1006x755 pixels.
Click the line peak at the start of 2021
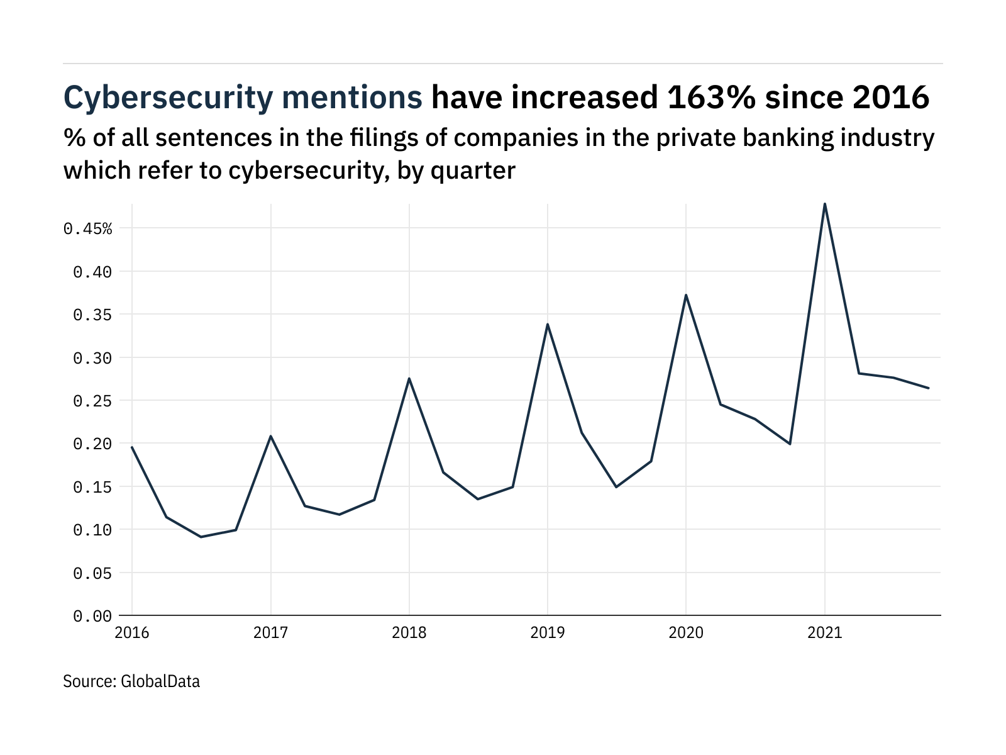point(824,204)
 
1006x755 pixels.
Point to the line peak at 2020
point(686,295)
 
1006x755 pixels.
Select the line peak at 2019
point(548,324)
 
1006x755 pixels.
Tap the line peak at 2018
point(409,378)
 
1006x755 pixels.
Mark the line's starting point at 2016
point(132,447)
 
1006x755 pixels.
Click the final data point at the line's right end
point(928,388)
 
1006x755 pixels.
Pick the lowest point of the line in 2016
point(201,537)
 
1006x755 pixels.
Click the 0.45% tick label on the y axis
point(88,228)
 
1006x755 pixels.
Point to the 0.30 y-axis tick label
point(92,358)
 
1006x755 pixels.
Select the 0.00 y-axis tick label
point(92,616)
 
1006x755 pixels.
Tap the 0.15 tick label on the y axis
point(92,487)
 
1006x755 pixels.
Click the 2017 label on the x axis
point(270,633)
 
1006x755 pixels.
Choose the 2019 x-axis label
point(548,633)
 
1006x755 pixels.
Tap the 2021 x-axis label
point(824,633)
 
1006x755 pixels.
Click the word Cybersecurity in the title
point(169,98)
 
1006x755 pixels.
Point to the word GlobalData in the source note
point(160,681)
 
